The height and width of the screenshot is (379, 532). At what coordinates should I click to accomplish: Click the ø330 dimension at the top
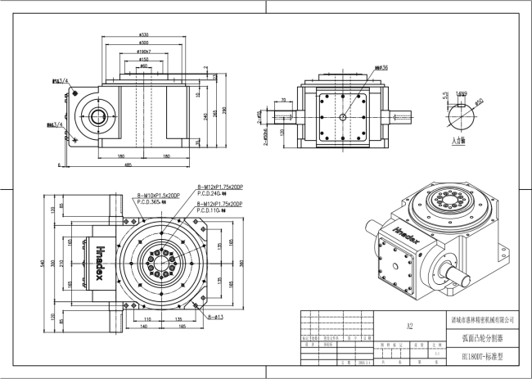tap(144, 35)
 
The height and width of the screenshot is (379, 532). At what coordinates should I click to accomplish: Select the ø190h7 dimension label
tap(144, 52)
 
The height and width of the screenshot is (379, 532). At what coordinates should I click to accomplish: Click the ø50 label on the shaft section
tap(479, 101)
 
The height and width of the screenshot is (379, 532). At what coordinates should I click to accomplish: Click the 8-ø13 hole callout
tap(216, 314)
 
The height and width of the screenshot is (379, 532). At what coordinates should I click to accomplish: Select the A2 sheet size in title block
tap(409, 325)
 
